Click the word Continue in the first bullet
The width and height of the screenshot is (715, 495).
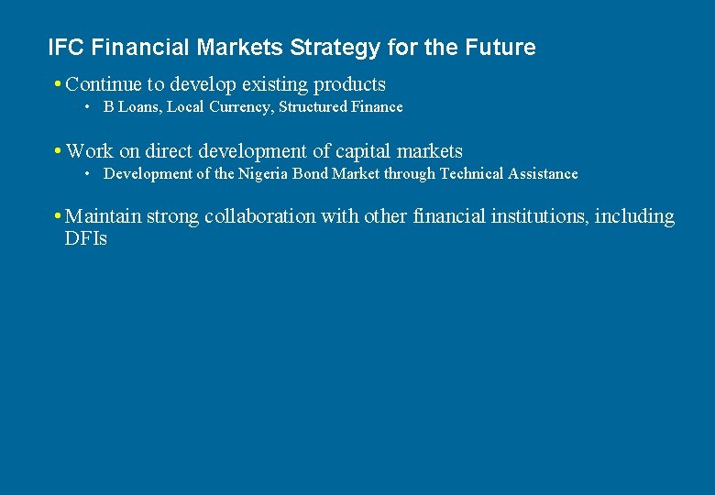pyautogui.click(x=104, y=84)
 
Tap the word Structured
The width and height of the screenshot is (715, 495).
pyautogui.click(x=313, y=107)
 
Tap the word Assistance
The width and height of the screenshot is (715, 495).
pyautogui.click(x=544, y=174)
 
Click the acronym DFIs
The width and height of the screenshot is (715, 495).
pyautogui.click(x=86, y=240)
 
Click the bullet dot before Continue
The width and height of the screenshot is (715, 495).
pyautogui.click(x=58, y=85)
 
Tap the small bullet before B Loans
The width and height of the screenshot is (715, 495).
pyautogui.click(x=86, y=108)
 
